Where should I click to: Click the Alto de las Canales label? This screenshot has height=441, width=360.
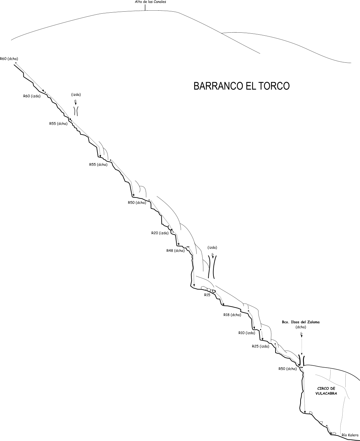coord(150,2)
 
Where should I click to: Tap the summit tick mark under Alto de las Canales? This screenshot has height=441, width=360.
coord(145,8)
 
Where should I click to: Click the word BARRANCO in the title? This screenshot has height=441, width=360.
coord(218,86)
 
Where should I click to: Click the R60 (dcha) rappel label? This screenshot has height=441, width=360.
coord(9,59)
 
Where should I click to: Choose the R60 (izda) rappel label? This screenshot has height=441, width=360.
coord(32,96)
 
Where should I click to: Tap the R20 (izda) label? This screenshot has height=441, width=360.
coord(160,233)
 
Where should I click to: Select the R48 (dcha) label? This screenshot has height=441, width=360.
coord(175,251)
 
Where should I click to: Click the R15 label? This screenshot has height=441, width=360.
coord(207,295)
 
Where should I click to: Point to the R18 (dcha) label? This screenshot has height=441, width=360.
coord(232,321)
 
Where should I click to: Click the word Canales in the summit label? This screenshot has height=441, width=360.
coord(160,2)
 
